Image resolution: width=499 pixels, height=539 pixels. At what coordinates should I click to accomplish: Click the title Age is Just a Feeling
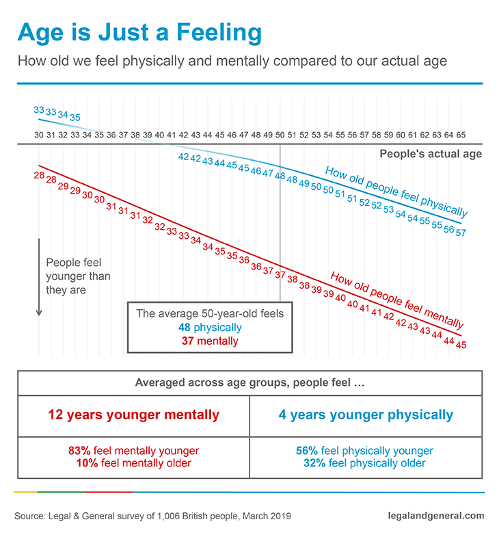pos(139,32)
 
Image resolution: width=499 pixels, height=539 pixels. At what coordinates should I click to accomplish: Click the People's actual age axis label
pos(431,154)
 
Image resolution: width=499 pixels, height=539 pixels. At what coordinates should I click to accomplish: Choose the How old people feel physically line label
pos(396,192)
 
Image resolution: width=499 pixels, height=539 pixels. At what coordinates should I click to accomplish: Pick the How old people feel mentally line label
pos(397,300)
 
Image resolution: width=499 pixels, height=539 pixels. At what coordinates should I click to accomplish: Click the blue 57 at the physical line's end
pos(460,233)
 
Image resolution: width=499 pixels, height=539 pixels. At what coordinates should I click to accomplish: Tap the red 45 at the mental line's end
pos(461,345)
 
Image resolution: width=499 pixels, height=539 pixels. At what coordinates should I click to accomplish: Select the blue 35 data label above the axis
pos(75,118)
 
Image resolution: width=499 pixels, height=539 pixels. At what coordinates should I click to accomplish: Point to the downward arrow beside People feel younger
pos(39,277)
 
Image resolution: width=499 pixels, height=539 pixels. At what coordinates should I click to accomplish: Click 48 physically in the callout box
pos(209,328)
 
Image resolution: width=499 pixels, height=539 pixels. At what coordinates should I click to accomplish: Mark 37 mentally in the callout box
pos(209,341)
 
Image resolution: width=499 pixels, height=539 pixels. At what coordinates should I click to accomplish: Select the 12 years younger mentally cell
pos(133,415)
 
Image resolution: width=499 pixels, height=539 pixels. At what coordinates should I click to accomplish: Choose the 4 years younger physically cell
pos(366,415)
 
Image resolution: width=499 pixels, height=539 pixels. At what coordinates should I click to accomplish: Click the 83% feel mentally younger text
pos(133,451)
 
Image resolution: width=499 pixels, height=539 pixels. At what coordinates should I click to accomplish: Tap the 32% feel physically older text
pos(366,463)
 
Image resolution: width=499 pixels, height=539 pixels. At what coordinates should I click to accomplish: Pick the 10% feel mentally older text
pos(133,463)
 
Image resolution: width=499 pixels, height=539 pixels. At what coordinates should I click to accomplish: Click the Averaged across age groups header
pos(249,383)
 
